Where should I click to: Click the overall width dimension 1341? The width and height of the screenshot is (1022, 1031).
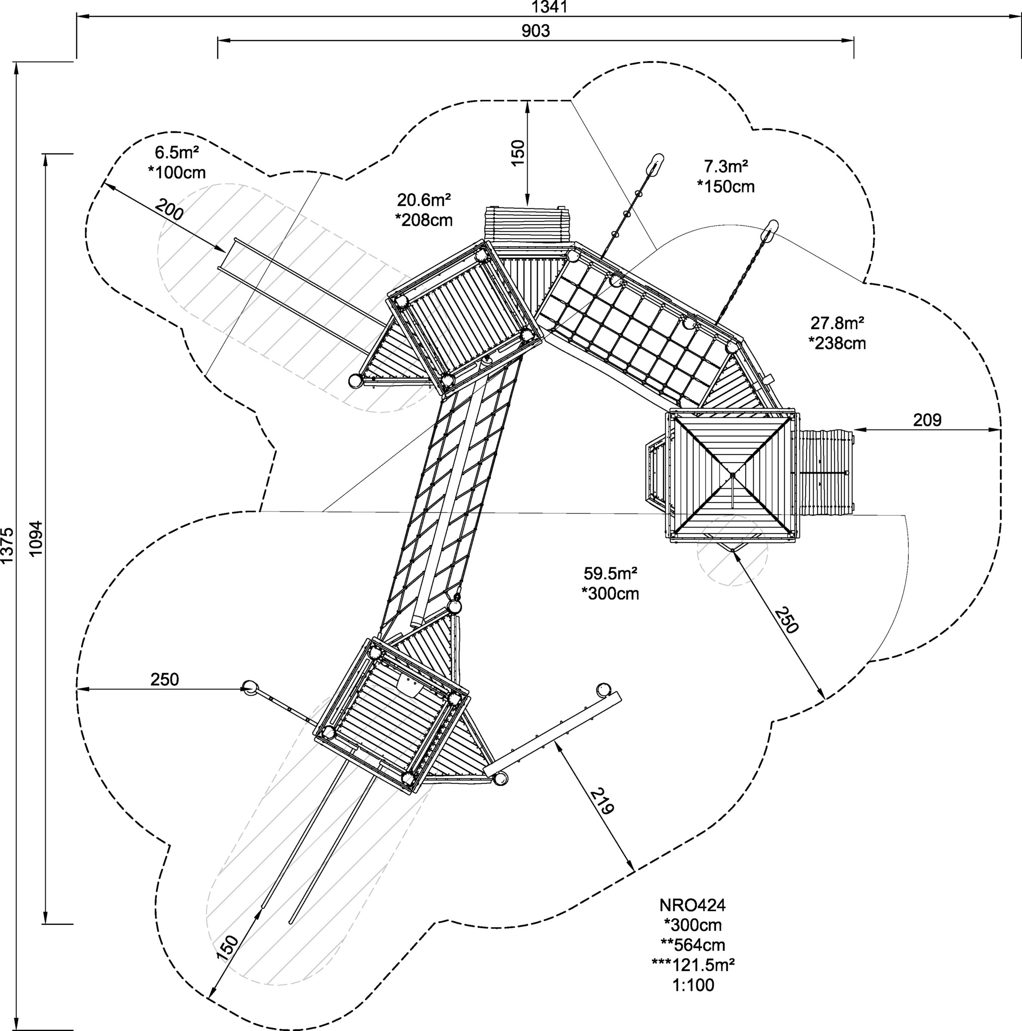click(x=550, y=7)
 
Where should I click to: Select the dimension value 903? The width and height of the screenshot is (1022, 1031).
click(x=535, y=31)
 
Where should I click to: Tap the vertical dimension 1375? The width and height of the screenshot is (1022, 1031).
click(x=7, y=545)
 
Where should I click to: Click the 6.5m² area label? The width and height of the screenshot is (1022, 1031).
click(x=177, y=153)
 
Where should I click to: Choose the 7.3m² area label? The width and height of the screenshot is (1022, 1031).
click(x=726, y=167)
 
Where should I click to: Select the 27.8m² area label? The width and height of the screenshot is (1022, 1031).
click(x=837, y=323)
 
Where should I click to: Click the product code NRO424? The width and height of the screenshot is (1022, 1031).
click(x=692, y=890)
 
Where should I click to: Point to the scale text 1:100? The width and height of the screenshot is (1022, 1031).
click(x=693, y=970)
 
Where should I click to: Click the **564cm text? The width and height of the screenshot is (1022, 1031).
click(x=693, y=930)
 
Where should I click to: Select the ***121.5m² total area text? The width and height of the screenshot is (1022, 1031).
click(x=693, y=949)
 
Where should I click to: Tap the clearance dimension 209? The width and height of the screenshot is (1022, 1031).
click(x=927, y=420)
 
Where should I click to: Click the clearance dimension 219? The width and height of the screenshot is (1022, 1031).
click(x=602, y=801)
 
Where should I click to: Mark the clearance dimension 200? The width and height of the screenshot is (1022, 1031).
click(x=170, y=209)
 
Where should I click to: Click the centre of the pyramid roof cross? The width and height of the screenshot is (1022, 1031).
click(x=733, y=474)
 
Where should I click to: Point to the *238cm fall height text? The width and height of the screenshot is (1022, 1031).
click(x=837, y=343)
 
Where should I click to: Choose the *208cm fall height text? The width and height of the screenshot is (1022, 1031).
click(x=423, y=220)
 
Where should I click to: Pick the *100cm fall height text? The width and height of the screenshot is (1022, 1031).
click(x=177, y=173)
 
